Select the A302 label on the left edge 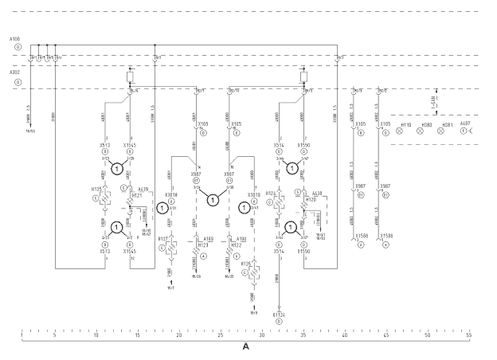coord(15,72)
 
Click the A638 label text coord(317,192)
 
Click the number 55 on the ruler coord(469,335)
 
